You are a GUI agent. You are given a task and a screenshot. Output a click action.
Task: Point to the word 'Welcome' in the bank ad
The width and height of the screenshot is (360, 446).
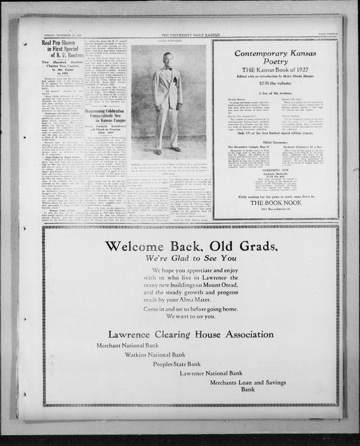coord(150,246)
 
